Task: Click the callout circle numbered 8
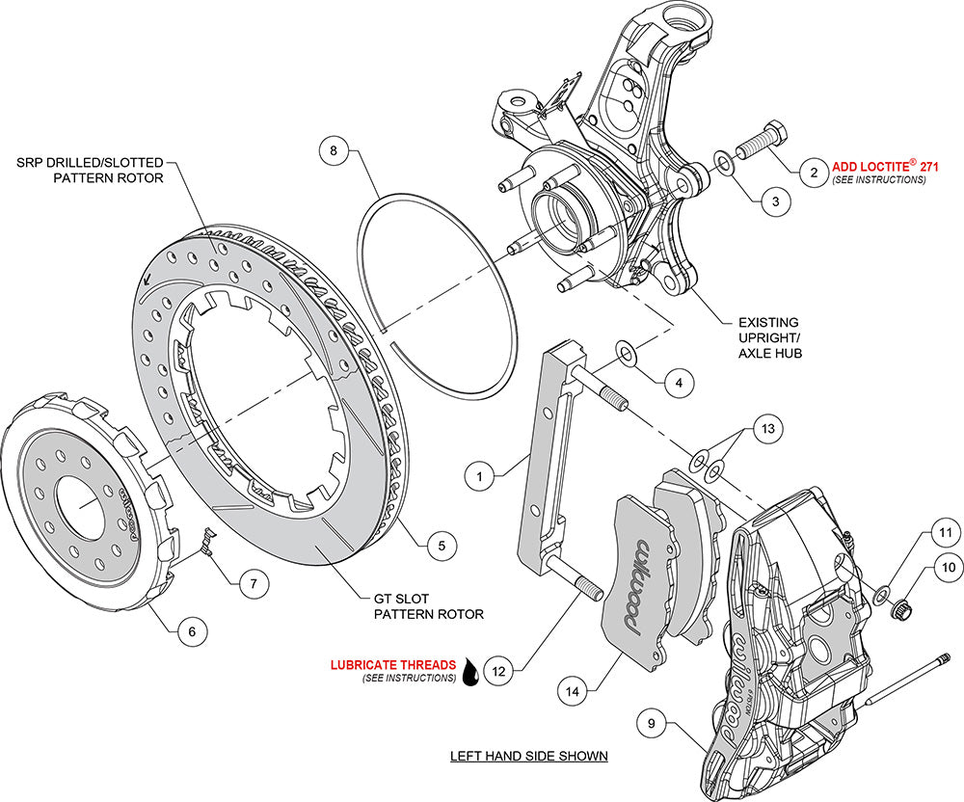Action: click(334, 151)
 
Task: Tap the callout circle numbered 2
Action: click(814, 173)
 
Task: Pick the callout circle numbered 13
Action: click(679, 383)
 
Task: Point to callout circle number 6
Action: click(191, 630)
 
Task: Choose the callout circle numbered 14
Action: click(573, 690)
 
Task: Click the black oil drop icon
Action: click(471, 673)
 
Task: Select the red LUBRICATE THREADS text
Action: click(392, 664)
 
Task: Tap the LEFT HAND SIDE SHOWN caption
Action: click(528, 756)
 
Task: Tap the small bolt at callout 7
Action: click(205, 546)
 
